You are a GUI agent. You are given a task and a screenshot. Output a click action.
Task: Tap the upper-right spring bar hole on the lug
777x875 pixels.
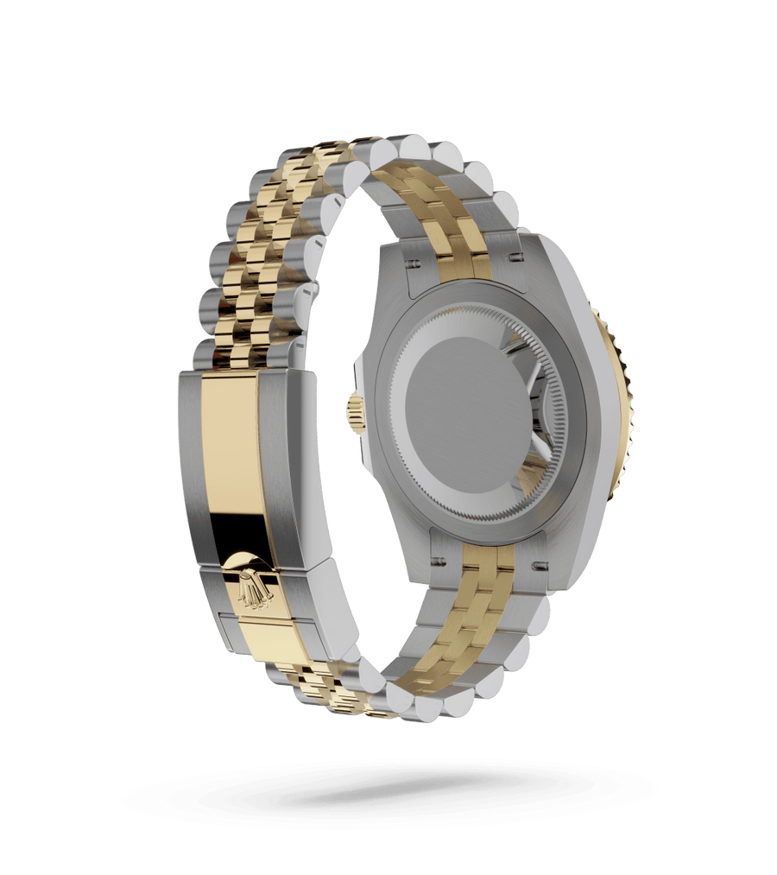(x=515, y=257)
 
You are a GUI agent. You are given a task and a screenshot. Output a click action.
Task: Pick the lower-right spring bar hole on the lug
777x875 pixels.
(x=540, y=565)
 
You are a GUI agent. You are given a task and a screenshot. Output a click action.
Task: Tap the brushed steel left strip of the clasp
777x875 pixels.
(x=192, y=458)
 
